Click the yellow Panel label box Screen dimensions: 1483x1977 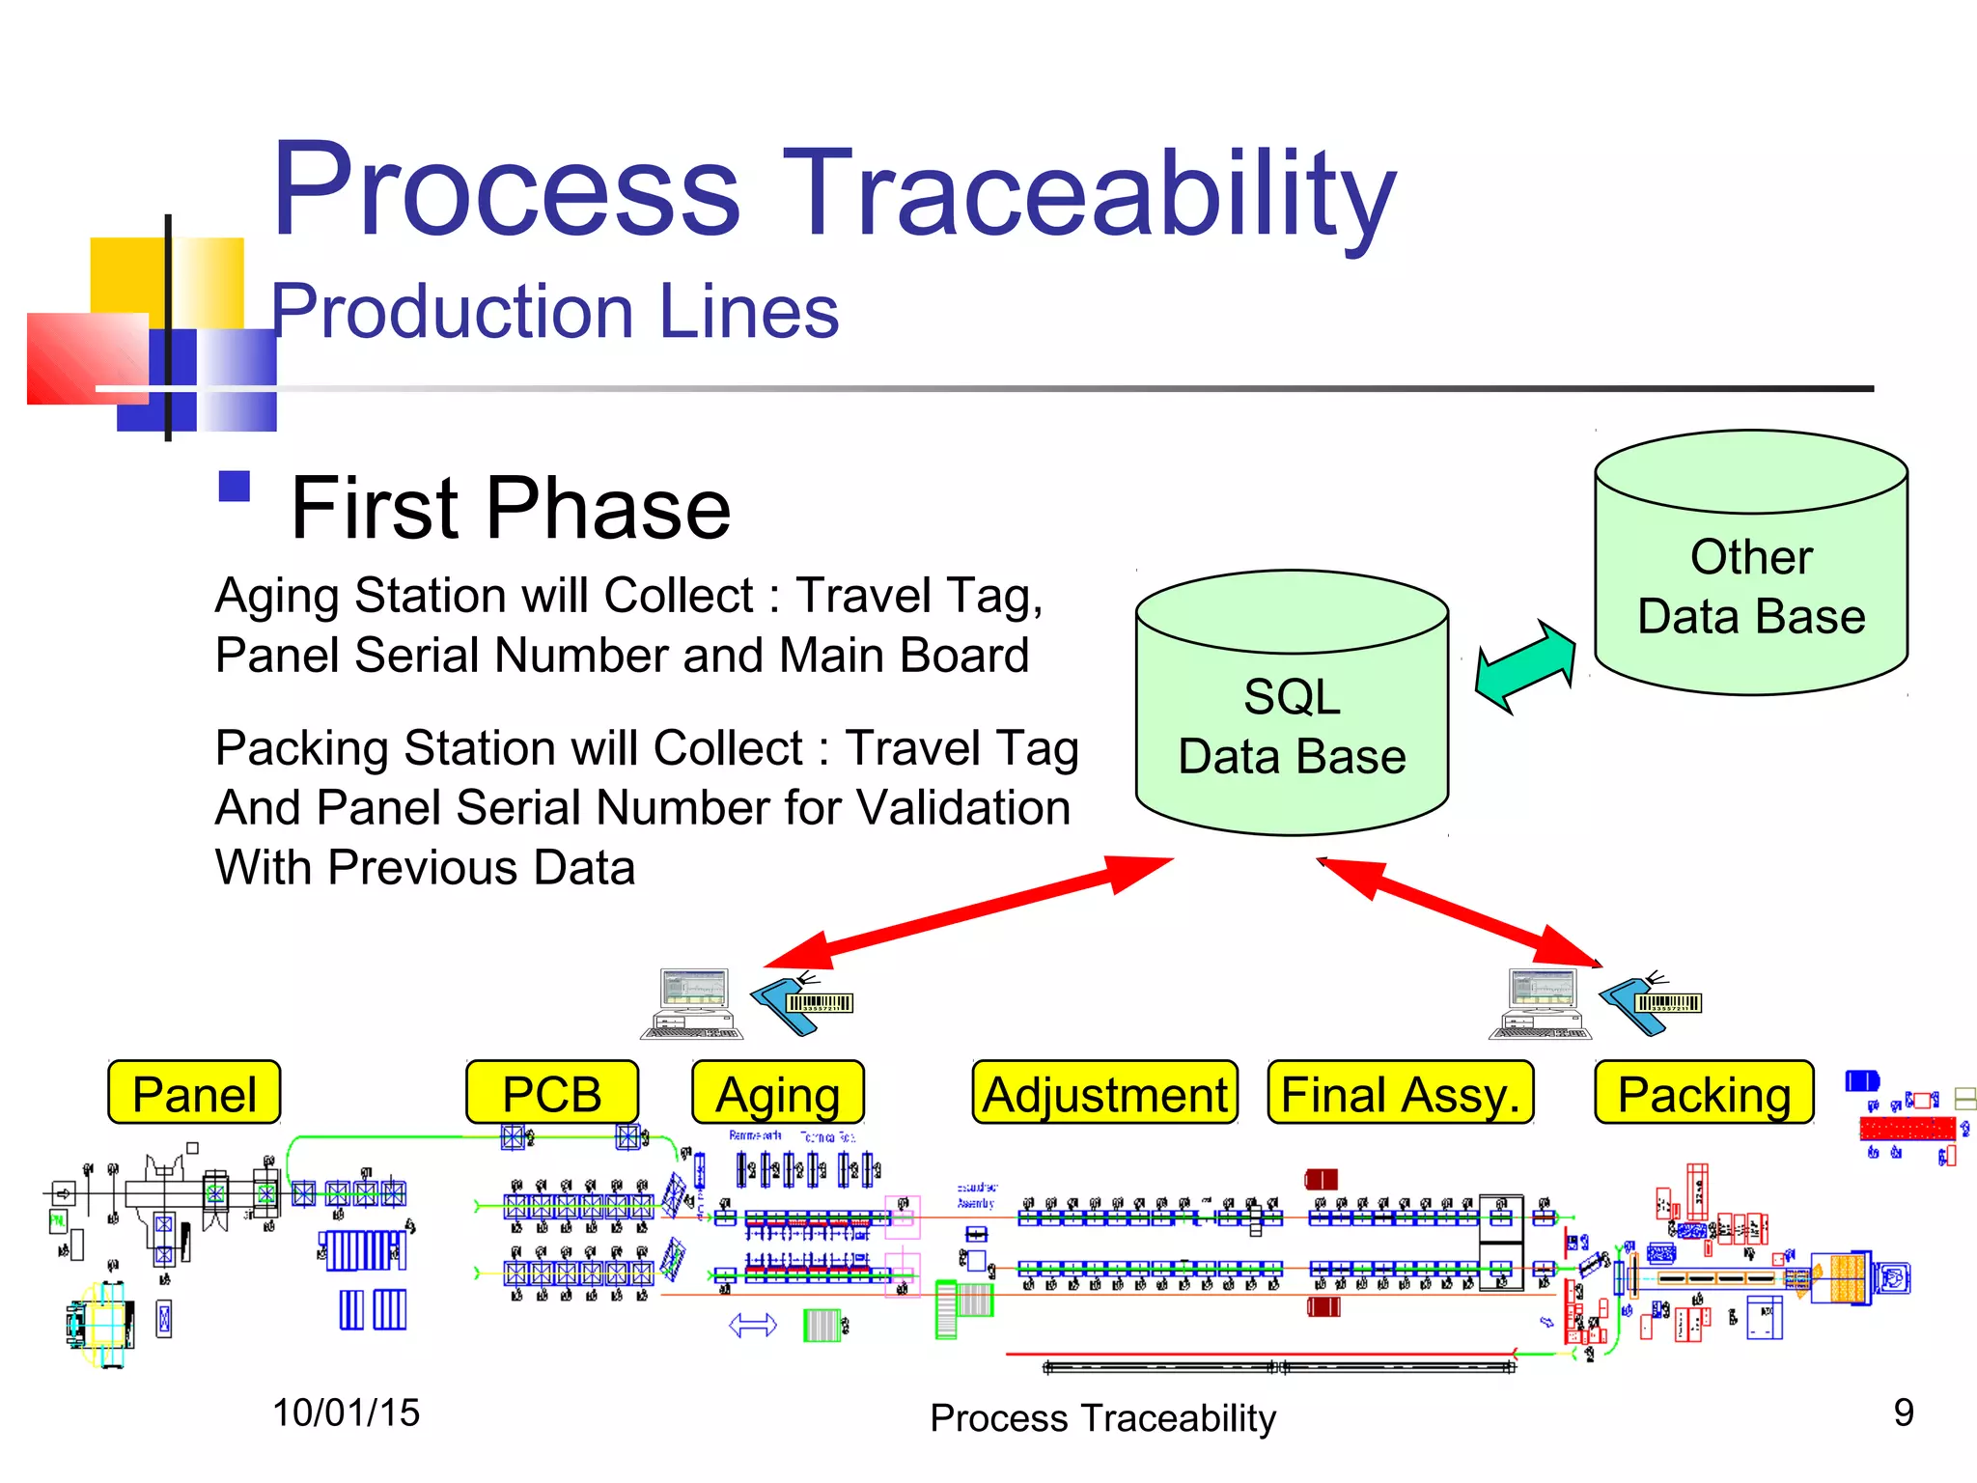click(x=194, y=1093)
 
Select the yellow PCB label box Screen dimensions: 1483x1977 click(x=552, y=1093)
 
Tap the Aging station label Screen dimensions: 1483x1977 click(x=778, y=1093)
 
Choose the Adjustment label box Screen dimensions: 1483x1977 click(x=1105, y=1093)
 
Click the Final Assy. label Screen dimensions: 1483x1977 click(x=1401, y=1093)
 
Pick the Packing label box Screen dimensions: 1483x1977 click(x=1704, y=1093)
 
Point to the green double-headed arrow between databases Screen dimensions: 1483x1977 click(x=1525, y=666)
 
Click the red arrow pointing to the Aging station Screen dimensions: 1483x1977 click(x=965, y=912)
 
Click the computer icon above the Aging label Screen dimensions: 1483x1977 click(x=693, y=1004)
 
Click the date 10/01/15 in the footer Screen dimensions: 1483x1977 click(x=346, y=1413)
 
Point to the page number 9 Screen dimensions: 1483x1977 click(x=1903, y=1413)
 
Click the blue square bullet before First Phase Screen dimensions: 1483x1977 click(x=235, y=487)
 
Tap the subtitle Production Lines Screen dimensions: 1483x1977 click(x=555, y=311)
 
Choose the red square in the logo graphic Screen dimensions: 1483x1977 click(x=87, y=357)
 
